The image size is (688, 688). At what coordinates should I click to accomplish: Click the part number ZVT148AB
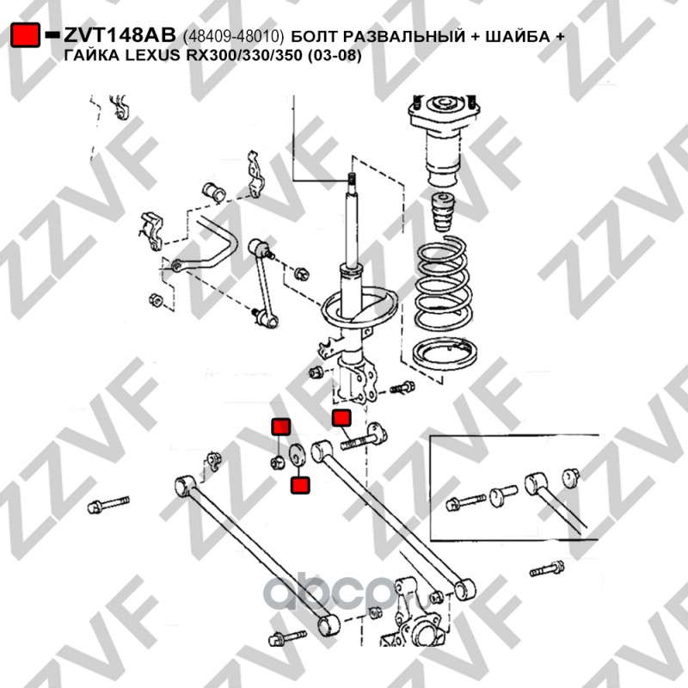click(120, 35)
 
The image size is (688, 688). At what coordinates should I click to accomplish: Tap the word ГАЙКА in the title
click(88, 56)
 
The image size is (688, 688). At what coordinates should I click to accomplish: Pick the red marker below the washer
click(300, 485)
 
